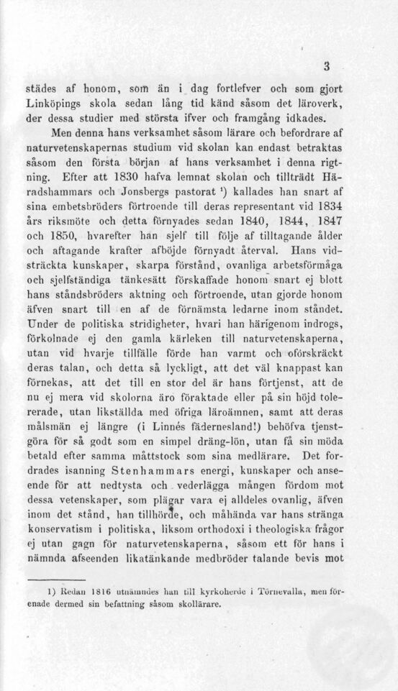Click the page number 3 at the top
(x=325, y=68)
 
